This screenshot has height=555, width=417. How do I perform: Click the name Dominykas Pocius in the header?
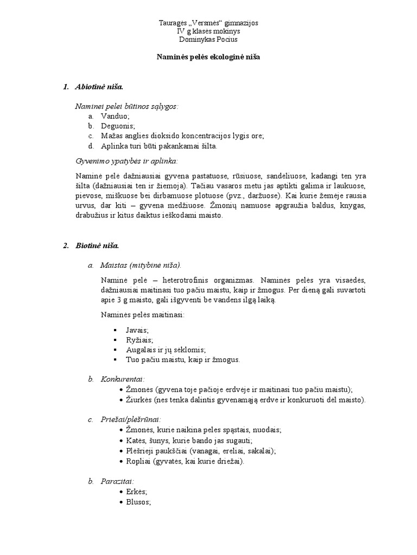tap(208, 40)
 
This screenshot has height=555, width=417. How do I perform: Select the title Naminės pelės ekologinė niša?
tap(208, 57)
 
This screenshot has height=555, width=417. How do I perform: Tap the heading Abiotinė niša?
tap(100, 87)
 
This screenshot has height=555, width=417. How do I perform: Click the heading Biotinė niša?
tap(97, 246)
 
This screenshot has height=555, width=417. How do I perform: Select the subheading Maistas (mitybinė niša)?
tap(141, 265)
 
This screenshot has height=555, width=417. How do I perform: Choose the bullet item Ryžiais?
tap(140, 340)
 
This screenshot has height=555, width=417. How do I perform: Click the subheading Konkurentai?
tap(123, 378)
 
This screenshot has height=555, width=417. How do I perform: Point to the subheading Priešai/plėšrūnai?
tap(130, 419)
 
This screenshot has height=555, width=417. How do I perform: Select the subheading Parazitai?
tap(118, 481)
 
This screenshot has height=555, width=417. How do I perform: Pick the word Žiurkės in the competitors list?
tap(139, 400)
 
